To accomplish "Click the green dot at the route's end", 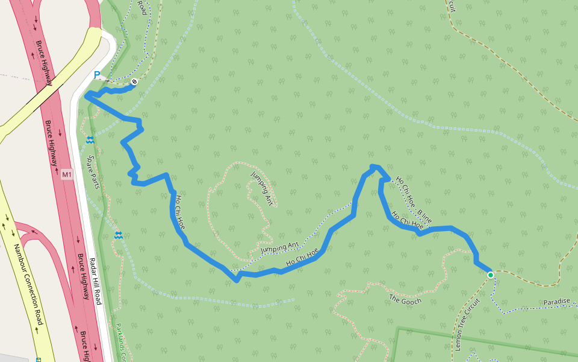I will pyautogui.click(x=490, y=275).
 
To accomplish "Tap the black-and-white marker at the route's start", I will pyautogui.click(x=134, y=82).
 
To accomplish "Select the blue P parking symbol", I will pyautogui.click(x=96, y=75).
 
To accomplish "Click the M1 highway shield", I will pyautogui.click(x=67, y=175).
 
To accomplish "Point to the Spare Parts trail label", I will pyautogui.click(x=92, y=172).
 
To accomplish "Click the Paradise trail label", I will pyautogui.click(x=556, y=302).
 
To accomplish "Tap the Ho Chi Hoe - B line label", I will pyautogui.click(x=414, y=200).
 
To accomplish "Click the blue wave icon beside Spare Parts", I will pyautogui.click(x=90, y=140).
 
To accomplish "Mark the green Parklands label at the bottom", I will pyautogui.click(x=121, y=345).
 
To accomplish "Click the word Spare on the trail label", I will pyautogui.click(x=90, y=163).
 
